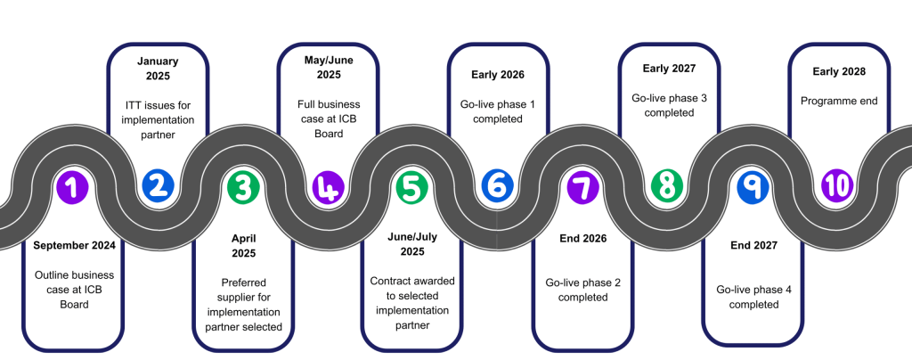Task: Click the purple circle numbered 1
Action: point(71,186)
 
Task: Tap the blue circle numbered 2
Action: point(158,185)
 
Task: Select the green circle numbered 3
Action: point(243,186)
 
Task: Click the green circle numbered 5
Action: point(411,186)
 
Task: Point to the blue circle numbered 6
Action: point(496,185)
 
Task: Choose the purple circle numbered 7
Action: point(582,186)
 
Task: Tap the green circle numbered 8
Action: point(666,185)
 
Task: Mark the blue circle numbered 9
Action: point(753,185)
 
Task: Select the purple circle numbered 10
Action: point(837,185)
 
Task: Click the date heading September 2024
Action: point(74,245)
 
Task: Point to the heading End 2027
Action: point(753,245)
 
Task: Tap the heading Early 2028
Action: point(839,71)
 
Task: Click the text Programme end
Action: point(839,101)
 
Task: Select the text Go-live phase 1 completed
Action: point(498,111)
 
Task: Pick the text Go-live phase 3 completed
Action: point(669,105)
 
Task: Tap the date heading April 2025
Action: point(244,247)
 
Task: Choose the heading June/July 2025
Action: point(412,245)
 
